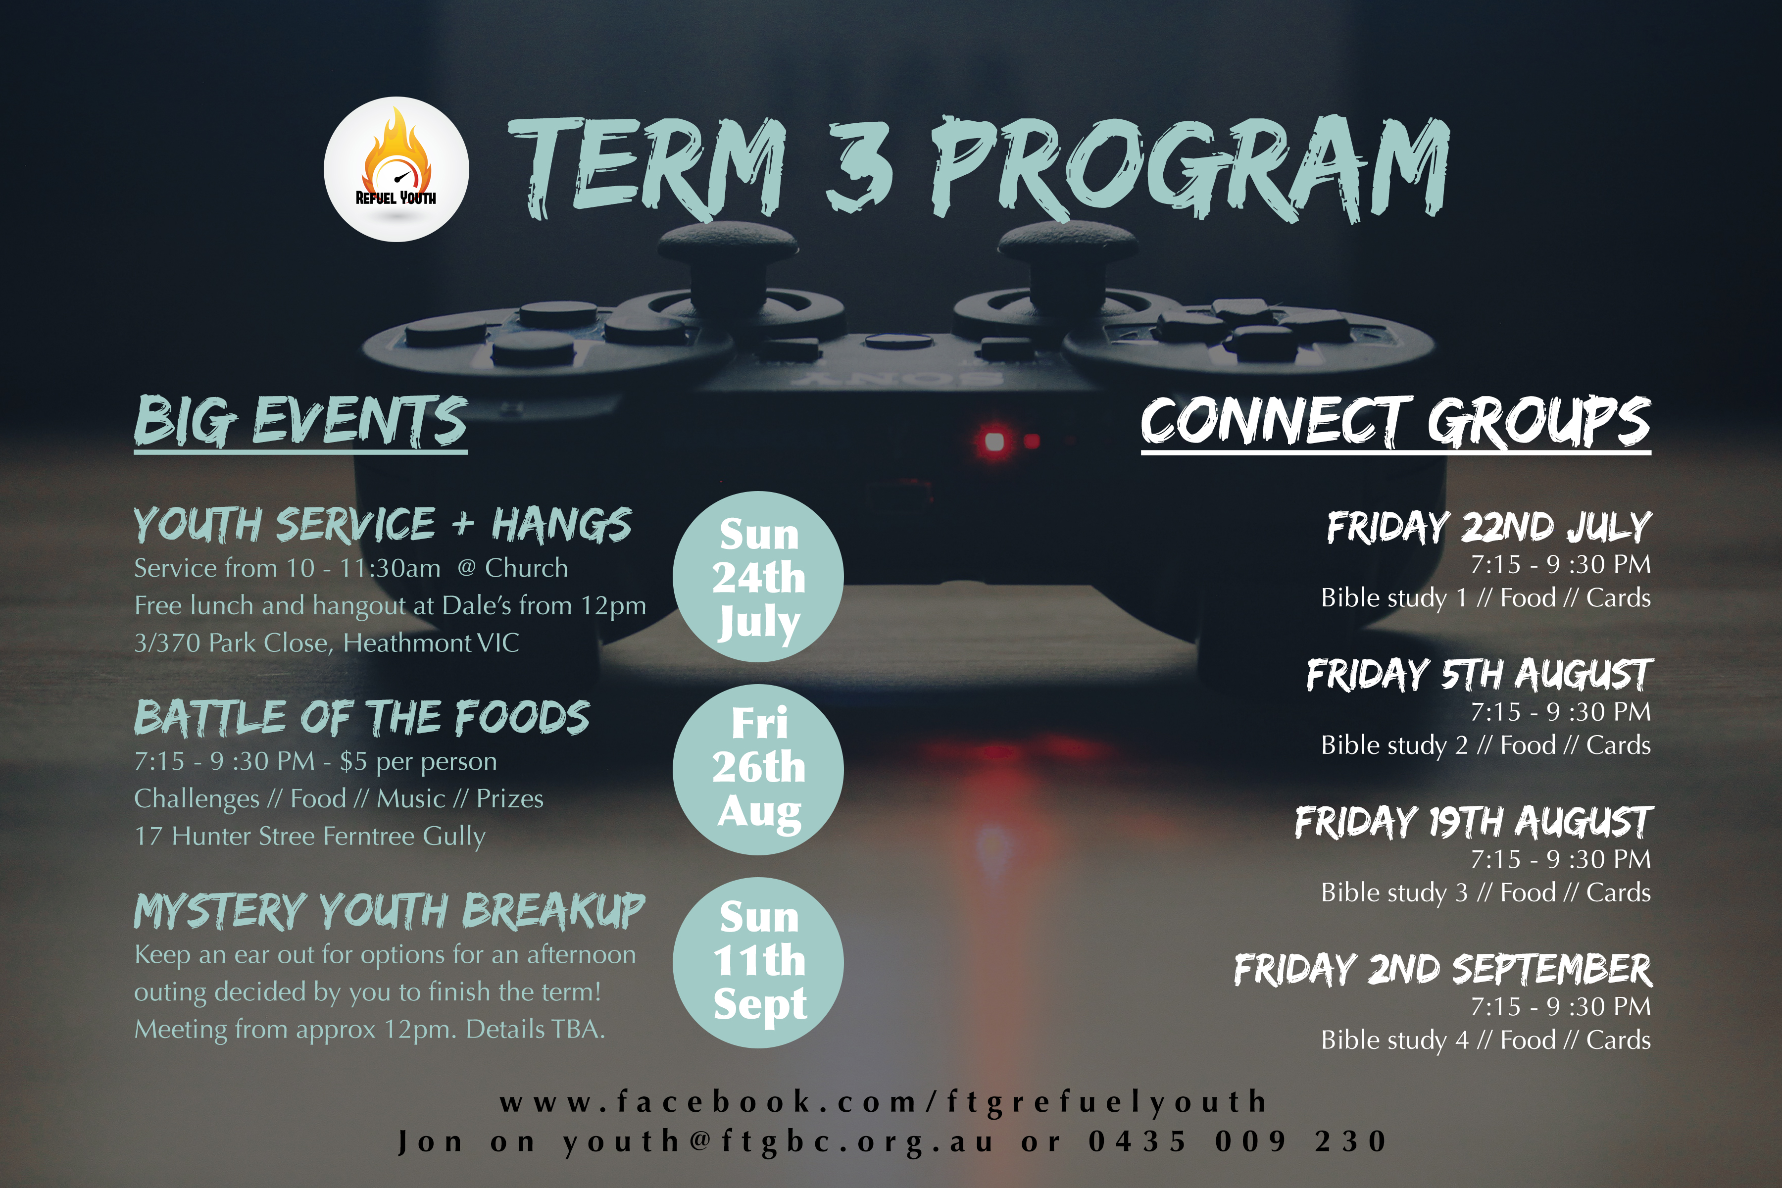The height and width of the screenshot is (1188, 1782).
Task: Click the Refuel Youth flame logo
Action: coord(396,169)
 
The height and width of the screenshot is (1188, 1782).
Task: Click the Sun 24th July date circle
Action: coord(758,577)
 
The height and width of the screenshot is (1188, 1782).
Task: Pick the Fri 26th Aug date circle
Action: coord(758,770)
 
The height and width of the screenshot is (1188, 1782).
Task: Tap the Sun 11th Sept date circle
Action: coord(758,963)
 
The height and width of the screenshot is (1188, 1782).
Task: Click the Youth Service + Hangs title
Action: coord(383,525)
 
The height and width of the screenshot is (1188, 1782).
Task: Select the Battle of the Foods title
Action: coord(361,717)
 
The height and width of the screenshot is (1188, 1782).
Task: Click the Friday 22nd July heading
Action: coord(1489,527)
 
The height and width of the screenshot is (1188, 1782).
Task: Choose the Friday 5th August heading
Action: coord(1479,674)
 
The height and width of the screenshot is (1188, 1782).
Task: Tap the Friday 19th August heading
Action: coord(1474,822)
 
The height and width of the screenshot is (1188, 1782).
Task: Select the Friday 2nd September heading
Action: coord(1443,970)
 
